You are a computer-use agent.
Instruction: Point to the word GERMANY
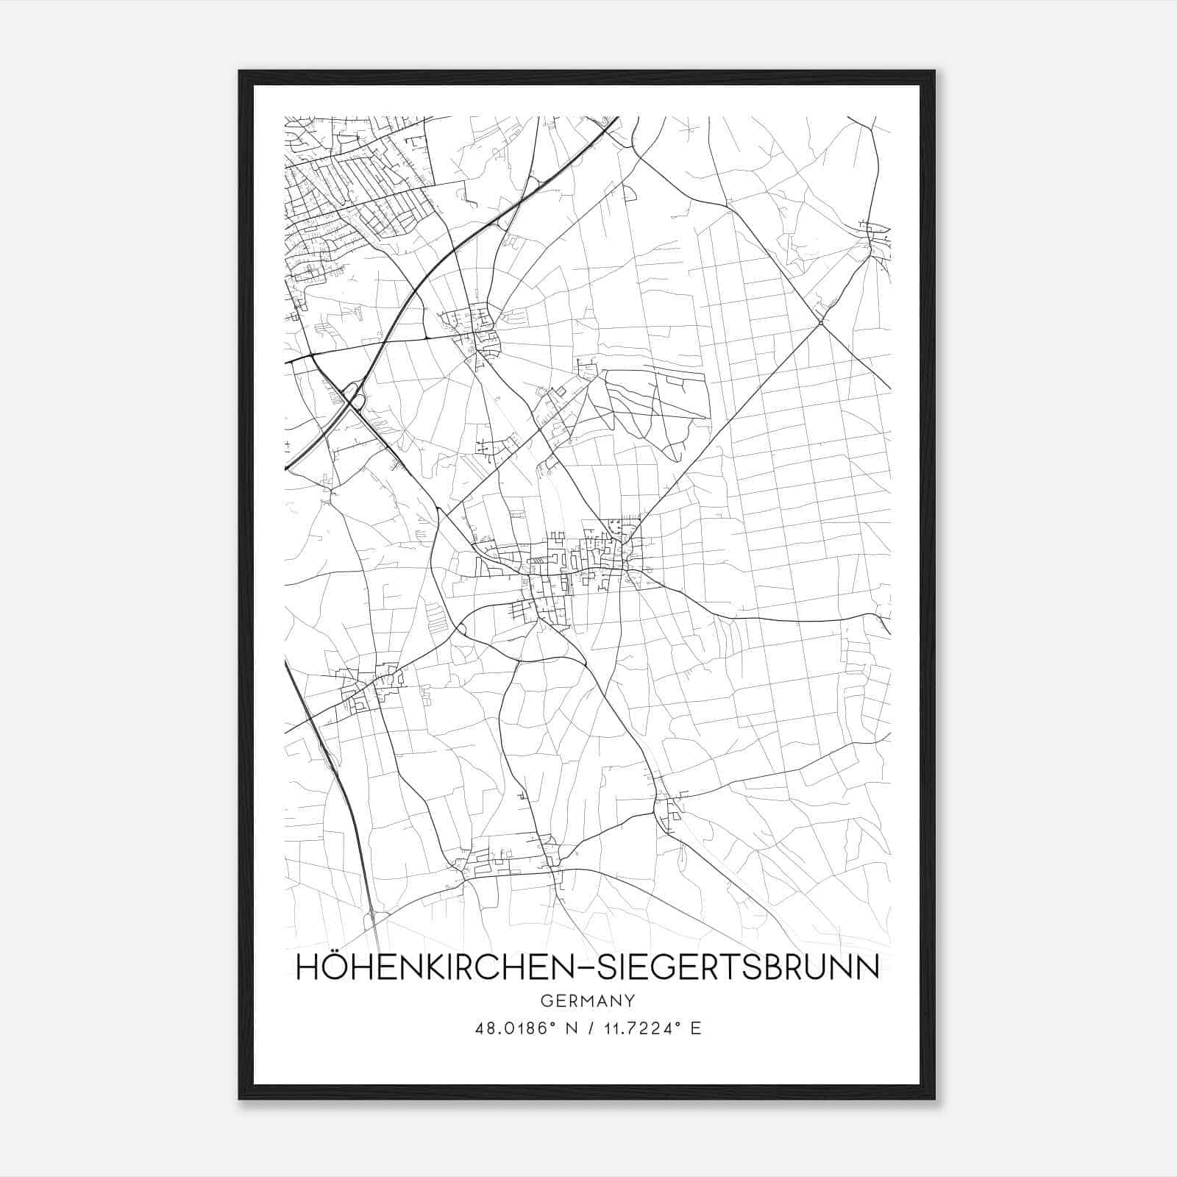pos(587,1000)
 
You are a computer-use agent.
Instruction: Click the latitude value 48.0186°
pos(513,1028)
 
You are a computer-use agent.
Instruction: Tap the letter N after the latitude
pos(567,1028)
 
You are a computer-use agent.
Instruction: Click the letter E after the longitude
pos(695,1028)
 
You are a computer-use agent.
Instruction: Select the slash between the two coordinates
pos(586,1028)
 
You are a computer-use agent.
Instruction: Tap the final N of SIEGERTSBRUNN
pos(869,967)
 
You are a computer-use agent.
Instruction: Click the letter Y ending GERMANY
pos(630,1000)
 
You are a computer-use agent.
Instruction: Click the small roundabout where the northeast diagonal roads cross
pos(820,322)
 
